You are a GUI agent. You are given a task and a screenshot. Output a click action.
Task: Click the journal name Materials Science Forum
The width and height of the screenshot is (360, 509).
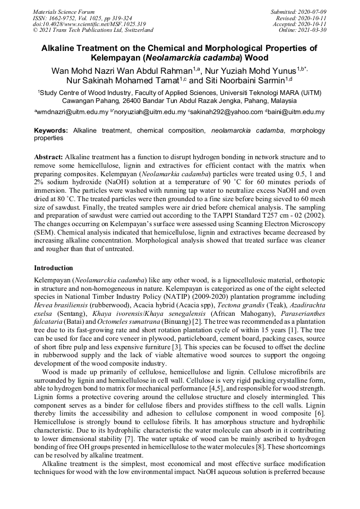[x=64, y=12]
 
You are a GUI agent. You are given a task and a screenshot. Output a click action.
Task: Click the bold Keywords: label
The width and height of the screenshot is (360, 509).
[x=51, y=130]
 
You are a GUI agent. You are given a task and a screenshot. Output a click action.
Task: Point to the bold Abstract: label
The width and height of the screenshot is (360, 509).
[x=49, y=158]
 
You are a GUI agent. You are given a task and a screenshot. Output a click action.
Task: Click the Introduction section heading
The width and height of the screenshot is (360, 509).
[x=54, y=268]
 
